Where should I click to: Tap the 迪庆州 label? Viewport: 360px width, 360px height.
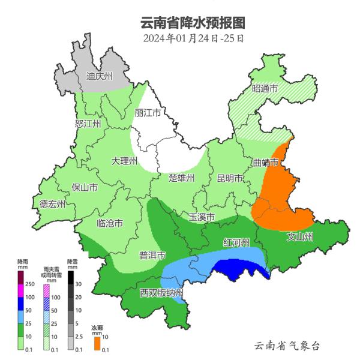[99, 76]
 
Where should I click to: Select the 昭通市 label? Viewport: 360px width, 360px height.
[265, 89]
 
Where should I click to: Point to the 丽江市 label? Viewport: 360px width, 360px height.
[148, 113]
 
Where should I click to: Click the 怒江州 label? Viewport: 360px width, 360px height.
[88, 124]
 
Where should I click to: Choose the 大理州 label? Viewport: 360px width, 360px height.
[125, 161]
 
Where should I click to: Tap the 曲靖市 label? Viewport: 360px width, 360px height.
[266, 163]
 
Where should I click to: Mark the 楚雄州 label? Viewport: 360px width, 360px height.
[182, 178]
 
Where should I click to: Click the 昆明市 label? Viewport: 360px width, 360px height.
[230, 178]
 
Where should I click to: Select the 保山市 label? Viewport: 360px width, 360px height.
[85, 187]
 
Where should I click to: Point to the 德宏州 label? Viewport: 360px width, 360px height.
[52, 204]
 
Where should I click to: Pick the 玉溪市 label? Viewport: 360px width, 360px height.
[202, 217]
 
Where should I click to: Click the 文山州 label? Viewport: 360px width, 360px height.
[300, 236]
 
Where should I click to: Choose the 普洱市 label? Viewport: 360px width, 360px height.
[152, 256]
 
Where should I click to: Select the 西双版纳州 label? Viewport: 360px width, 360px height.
[161, 293]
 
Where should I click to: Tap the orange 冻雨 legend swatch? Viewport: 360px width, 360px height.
[97, 343]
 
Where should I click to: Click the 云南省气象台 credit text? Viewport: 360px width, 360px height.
[287, 346]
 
